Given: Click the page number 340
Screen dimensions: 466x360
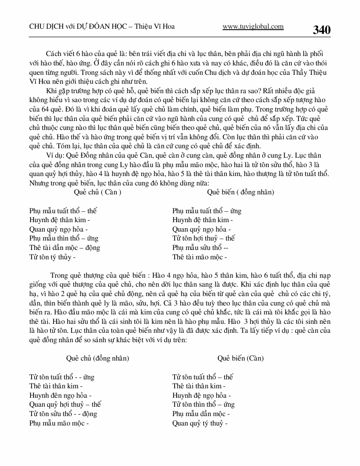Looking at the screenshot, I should (x=321, y=30).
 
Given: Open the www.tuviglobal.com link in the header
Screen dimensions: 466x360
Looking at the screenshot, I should (x=253, y=27).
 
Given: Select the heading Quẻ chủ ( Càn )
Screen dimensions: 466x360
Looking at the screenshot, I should (x=98, y=192).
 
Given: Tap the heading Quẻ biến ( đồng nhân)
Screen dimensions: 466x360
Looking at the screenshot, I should (x=240, y=192).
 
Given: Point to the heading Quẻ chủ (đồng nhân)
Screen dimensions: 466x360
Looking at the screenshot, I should (x=97, y=358).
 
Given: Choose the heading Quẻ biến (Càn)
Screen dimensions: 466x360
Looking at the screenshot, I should (x=240, y=358).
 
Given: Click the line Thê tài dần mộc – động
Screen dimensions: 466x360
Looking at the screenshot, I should (x=64, y=248).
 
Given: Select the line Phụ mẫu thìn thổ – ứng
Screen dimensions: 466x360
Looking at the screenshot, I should (x=64, y=239).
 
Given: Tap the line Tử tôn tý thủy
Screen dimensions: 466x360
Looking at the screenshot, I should (x=52, y=257).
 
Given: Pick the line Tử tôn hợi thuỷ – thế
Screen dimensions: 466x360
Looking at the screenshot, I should (x=203, y=239).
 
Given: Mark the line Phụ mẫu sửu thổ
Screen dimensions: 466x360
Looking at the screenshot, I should (x=200, y=248).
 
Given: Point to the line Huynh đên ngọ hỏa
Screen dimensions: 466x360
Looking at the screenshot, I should (x=60, y=395).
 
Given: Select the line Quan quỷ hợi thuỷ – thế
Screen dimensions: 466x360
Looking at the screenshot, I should (x=65, y=404).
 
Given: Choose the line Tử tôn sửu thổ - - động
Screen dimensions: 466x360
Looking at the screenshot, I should (x=63, y=414).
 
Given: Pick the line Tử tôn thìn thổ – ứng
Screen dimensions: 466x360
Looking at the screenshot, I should (x=203, y=404).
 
